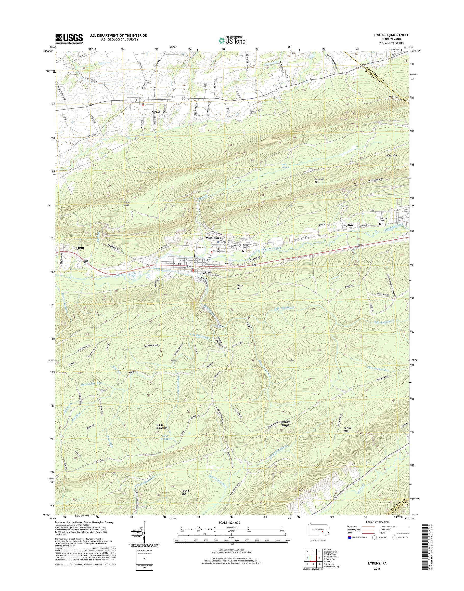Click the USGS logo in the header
point(69,39)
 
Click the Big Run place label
point(78,248)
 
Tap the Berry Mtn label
point(240,287)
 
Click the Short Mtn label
point(127,203)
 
